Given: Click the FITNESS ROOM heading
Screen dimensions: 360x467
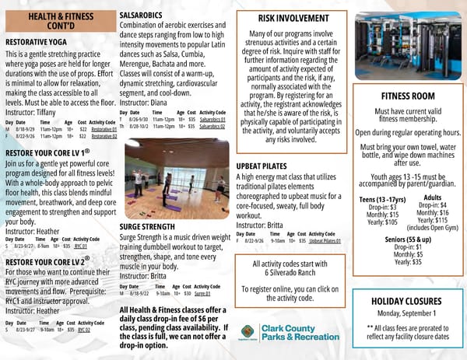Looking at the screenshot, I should [408, 96].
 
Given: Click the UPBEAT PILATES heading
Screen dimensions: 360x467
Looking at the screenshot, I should [266, 167].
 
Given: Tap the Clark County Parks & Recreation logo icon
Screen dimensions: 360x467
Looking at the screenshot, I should [248, 332].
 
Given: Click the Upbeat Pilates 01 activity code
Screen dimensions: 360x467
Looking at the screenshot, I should [325, 241].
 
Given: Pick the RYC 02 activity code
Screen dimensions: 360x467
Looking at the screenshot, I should [83, 330].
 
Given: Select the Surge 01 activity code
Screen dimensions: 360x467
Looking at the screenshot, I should [203, 294].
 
